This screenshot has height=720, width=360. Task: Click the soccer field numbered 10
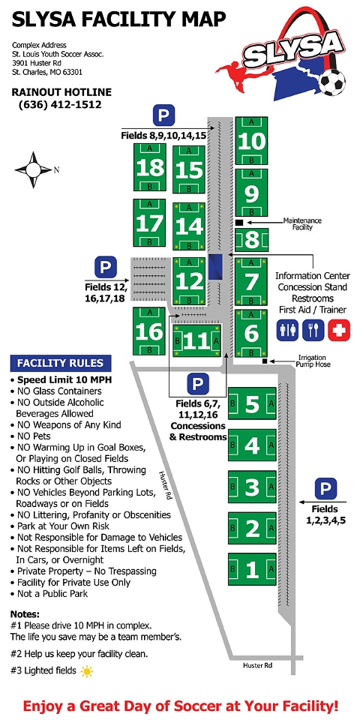(x=251, y=140)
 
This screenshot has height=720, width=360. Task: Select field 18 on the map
(x=150, y=167)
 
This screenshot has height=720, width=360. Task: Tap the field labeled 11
(x=197, y=340)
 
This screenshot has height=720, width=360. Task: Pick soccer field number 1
(x=252, y=569)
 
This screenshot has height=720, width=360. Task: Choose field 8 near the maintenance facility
(x=252, y=240)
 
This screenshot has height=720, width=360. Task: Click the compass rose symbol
(x=33, y=170)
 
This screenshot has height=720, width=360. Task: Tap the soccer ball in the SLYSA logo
(x=332, y=82)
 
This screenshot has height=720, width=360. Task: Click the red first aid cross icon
(x=339, y=331)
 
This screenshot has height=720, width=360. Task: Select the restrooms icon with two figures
(x=287, y=331)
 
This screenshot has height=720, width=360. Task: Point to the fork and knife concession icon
(x=313, y=331)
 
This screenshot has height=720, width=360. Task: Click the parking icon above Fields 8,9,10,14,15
(x=163, y=115)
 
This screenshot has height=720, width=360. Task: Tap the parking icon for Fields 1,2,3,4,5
(x=326, y=489)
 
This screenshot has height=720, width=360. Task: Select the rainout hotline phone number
(x=60, y=104)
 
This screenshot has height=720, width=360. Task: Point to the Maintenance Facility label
(x=302, y=223)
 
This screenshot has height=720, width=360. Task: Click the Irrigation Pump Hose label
(x=312, y=361)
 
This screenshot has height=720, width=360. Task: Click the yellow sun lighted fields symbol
(x=87, y=672)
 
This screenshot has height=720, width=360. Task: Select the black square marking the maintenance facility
(x=239, y=223)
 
